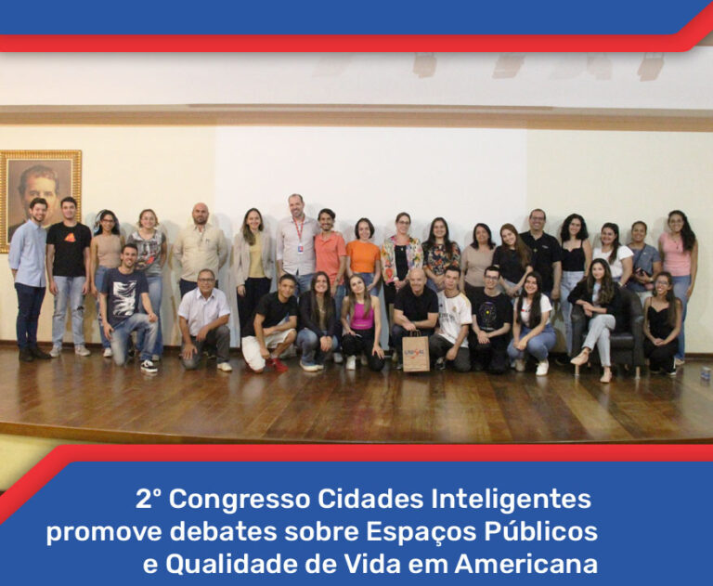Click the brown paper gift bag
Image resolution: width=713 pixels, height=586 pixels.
[x=416, y=352]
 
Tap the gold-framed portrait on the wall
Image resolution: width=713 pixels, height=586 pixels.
[x=40, y=201]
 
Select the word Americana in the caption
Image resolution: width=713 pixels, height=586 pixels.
[x=526, y=564]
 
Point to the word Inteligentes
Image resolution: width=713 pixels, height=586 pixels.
[x=512, y=499]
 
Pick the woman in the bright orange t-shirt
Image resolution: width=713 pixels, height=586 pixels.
[x=363, y=254]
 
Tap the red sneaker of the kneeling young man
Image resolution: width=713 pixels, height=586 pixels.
[x=279, y=364]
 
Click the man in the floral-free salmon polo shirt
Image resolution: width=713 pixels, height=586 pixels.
[x=330, y=254]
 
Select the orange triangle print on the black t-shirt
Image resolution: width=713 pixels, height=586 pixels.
[x=70, y=237]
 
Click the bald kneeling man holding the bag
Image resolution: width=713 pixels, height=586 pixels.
[x=415, y=314]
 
